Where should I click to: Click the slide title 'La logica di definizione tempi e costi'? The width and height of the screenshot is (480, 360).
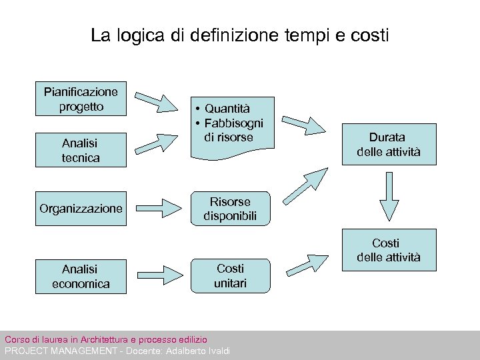point(239,35)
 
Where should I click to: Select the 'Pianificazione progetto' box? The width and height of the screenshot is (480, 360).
point(81,99)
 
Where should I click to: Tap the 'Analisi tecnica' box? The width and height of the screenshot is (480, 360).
point(81,149)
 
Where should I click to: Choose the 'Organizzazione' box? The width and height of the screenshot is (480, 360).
point(81,209)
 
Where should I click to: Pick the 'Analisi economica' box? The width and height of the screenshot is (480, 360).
point(81,276)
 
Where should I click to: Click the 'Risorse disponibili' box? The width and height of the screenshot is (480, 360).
point(230,209)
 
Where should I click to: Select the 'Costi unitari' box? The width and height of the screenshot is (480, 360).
point(230,276)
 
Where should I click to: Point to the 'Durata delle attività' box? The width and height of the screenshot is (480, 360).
point(389,145)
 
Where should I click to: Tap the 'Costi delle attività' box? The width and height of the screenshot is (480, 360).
point(389,250)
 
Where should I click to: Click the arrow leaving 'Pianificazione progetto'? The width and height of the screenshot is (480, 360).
point(160,102)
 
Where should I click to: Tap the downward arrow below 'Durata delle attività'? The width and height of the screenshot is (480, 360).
point(389,198)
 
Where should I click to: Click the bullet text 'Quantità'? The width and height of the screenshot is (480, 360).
point(227,108)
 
